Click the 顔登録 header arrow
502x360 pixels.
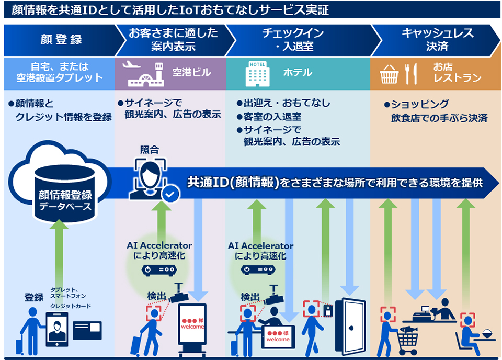(60, 40)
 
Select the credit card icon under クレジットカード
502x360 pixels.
(87, 330)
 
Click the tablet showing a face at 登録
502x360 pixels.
(57, 328)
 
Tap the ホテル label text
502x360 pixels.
(298, 73)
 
